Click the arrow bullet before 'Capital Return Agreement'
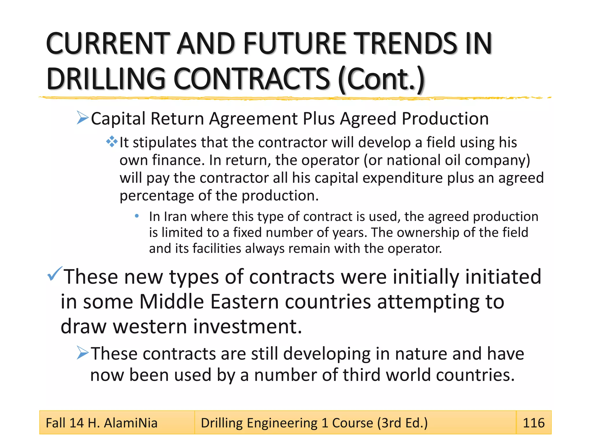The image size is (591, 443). tap(83, 118)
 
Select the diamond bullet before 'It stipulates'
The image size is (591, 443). tap(112, 142)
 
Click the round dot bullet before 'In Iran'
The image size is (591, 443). tap(137, 216)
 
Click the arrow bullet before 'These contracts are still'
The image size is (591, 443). tap(83, 353)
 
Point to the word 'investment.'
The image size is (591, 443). tap(247, 326)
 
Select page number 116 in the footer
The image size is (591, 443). tap(534, 423)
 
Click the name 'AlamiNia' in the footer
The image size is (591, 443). tap(130, 423)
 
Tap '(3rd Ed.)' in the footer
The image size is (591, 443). tap(402, 423)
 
